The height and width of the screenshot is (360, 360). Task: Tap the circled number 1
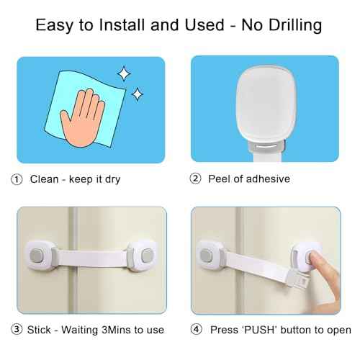pos(17,179)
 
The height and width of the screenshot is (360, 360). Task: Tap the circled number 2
pos(194,179)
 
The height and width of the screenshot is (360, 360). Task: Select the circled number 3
pos(17,330)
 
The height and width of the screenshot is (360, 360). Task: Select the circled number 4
pos(194,330)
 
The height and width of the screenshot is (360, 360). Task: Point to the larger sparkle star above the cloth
pos(123,73)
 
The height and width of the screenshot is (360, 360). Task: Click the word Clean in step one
pos(44,179)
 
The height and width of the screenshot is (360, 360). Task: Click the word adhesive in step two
pos(266,179)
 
